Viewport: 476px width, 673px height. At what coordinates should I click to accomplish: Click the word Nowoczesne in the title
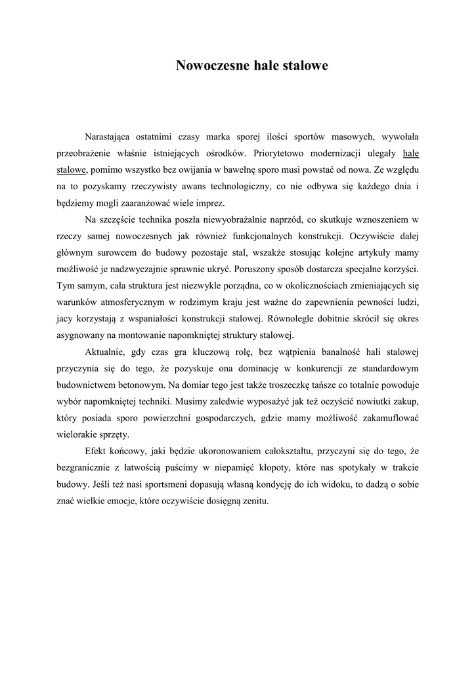[208, 66]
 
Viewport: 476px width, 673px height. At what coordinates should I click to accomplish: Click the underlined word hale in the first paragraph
[410, 153]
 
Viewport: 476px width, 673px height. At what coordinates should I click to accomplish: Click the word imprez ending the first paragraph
[210, 202]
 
